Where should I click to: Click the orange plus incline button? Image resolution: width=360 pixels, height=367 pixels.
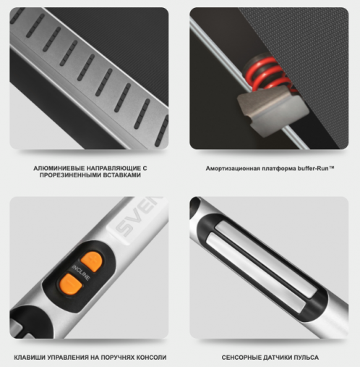[91, 261]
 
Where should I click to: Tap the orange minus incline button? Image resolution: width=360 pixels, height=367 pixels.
[71, 284]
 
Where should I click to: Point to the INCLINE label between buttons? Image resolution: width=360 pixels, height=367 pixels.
[81, 273]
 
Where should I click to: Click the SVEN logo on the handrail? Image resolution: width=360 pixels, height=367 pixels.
[138, 216]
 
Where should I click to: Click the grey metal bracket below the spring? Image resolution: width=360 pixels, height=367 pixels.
[273, 111]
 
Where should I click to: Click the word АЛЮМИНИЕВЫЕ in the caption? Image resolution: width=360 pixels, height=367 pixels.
[59, 168]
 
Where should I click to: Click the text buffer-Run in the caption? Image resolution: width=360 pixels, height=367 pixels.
[316, 168]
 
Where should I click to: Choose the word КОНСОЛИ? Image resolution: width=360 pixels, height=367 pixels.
[151, 358]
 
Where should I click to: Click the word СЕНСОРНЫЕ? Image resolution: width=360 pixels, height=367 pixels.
[241, 358]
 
